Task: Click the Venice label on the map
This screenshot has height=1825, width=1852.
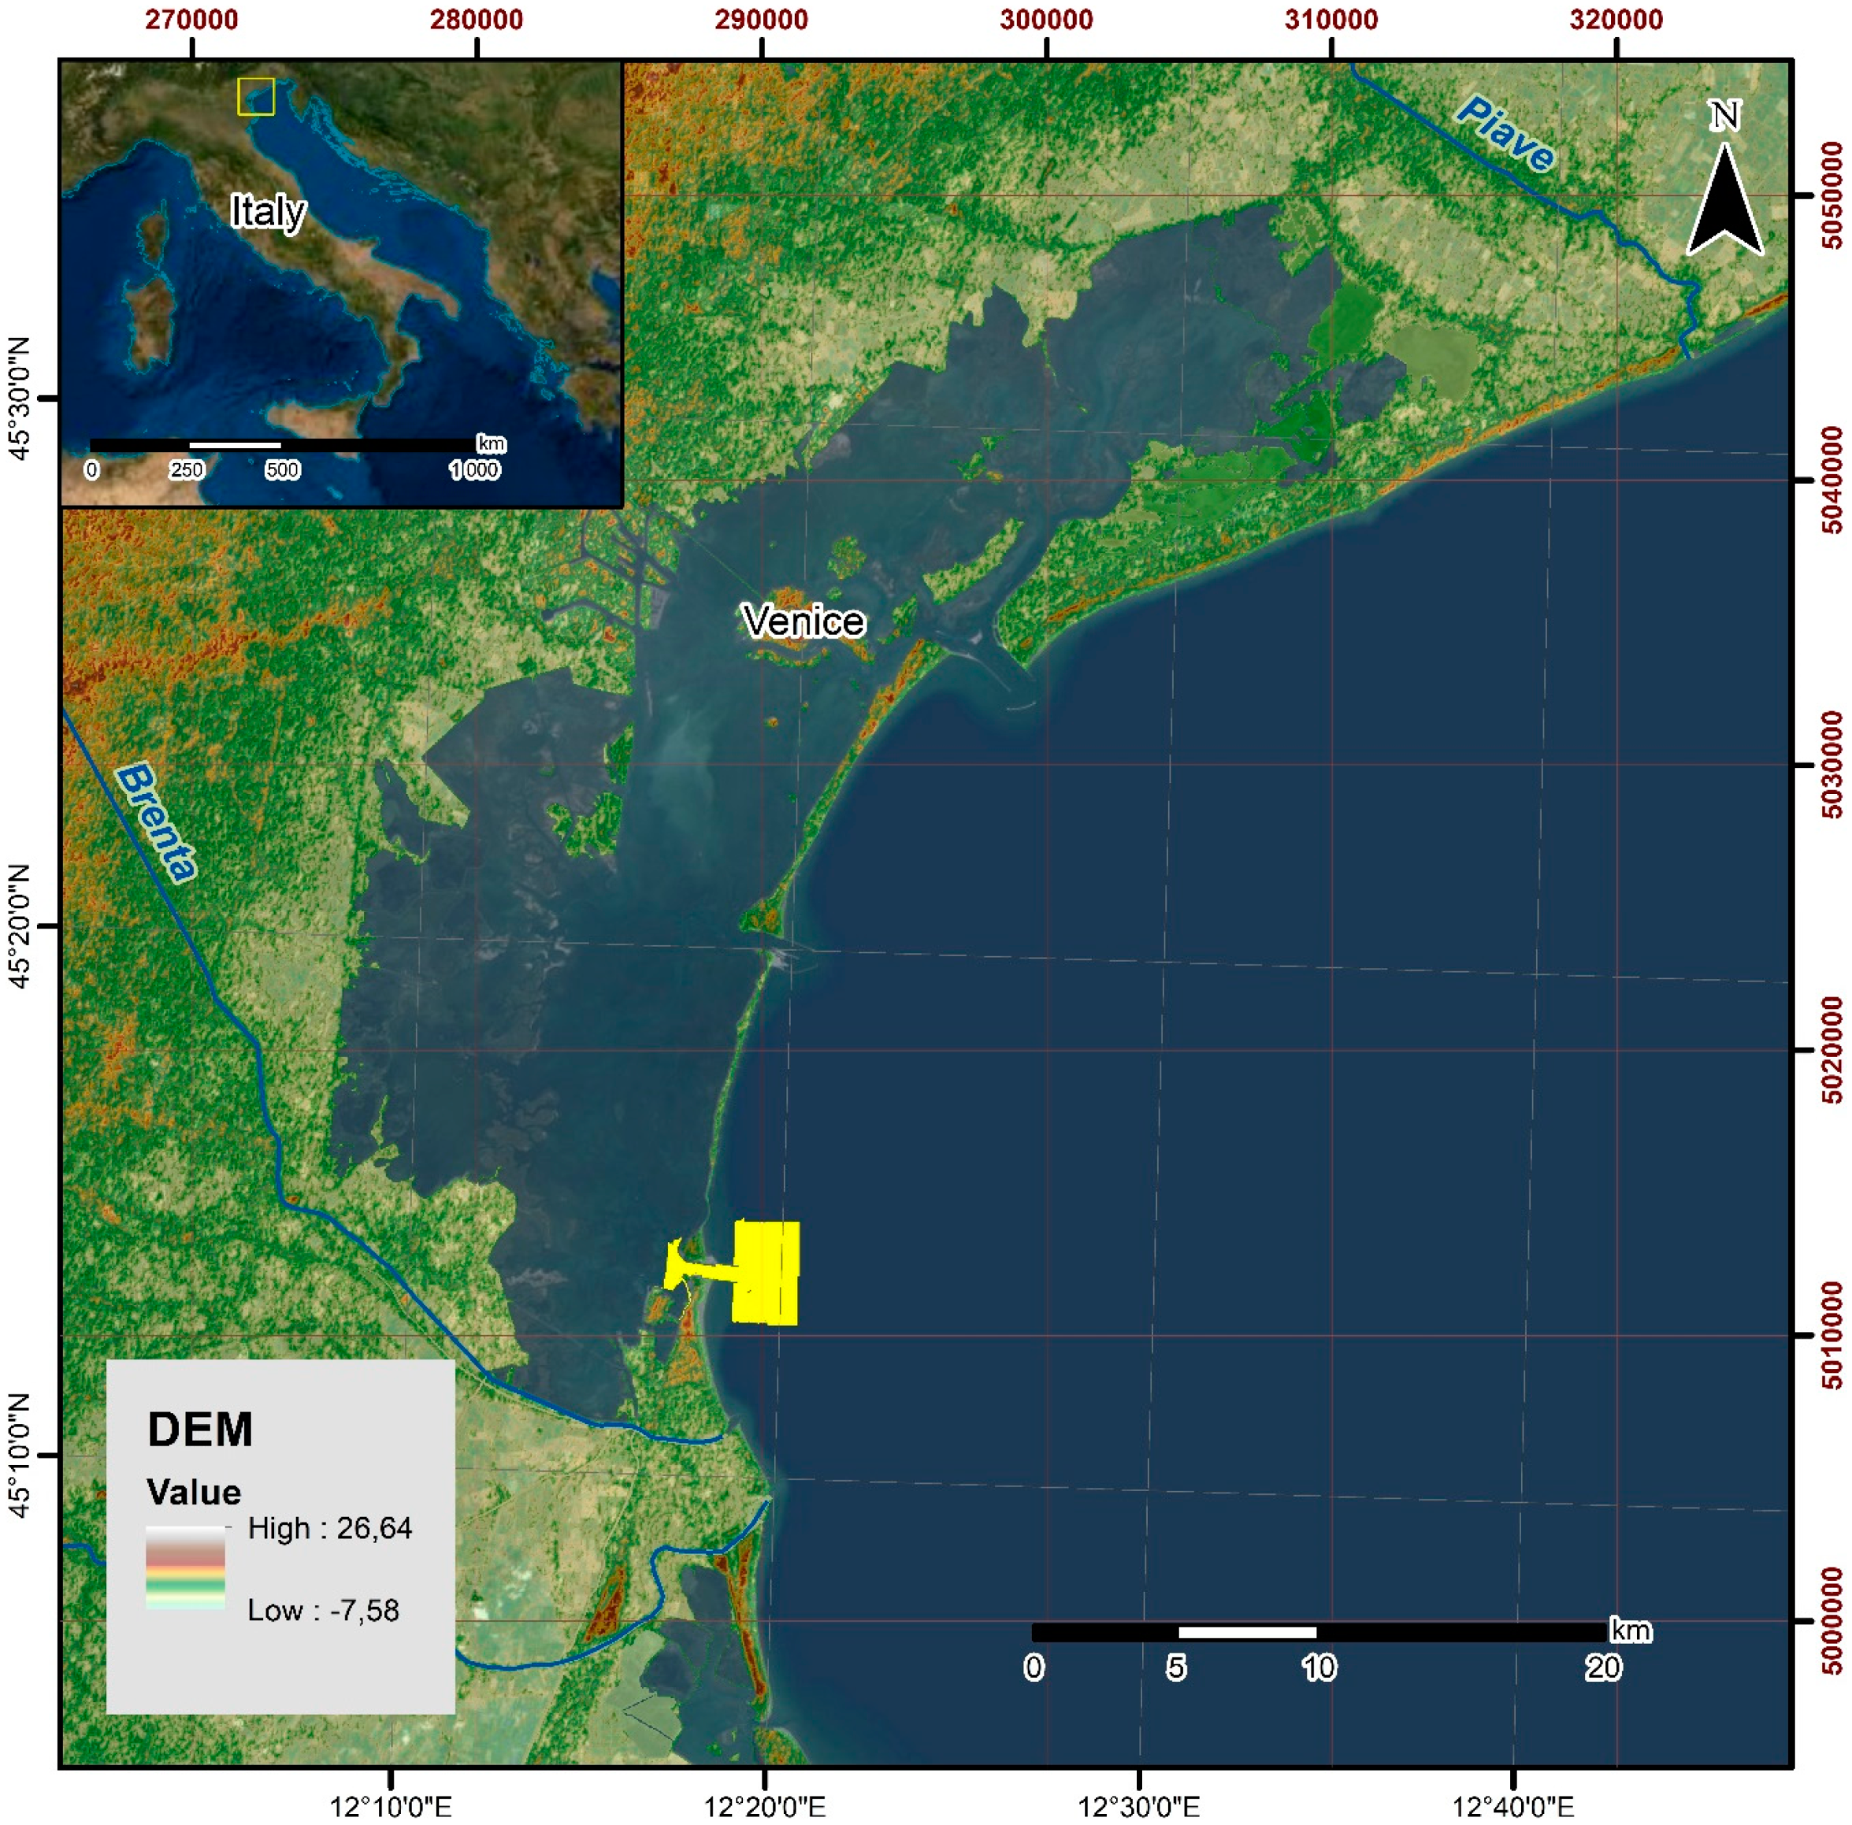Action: click(x=804, y=621)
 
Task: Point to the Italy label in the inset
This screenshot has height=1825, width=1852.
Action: click(x=268, y=211)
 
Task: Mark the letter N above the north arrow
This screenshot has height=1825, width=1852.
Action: click(x=1724, y=116)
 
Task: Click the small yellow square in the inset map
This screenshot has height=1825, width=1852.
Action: click(x=256, y=97)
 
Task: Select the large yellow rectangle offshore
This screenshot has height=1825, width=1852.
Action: click(x=766, y=1273)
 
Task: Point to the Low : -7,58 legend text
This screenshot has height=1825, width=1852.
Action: click(x=323, y=1610)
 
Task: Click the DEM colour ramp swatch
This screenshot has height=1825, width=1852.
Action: click(x=185, y=1568)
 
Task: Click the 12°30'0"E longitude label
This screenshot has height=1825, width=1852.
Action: click(x=1139, y=1807)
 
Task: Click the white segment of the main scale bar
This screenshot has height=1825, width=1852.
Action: click(x=1246, y=1632)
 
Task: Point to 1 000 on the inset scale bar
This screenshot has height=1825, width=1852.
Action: click(x=474, y=469)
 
